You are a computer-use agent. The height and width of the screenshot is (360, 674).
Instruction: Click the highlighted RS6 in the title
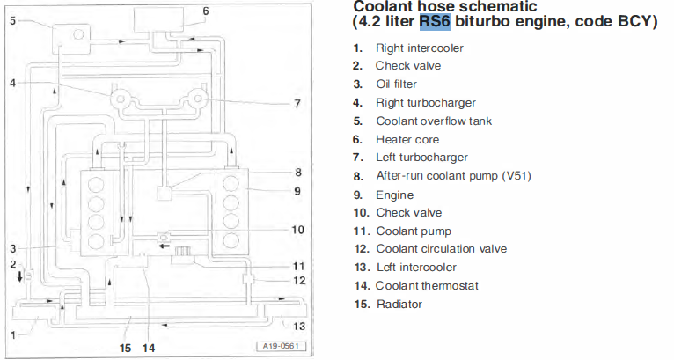click(435, 21)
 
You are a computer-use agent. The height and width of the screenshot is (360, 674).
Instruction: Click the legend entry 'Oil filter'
click(396, 84)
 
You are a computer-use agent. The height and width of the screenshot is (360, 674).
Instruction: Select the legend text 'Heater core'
click(407, 139)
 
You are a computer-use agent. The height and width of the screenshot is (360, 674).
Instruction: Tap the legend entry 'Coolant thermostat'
click(427, 285)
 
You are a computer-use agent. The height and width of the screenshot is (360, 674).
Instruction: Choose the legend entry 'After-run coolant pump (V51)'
click(453, 176)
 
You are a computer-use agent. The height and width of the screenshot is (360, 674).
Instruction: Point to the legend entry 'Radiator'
click(399, 304)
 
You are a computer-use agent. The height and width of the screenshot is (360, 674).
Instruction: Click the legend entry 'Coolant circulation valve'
click(442, 248)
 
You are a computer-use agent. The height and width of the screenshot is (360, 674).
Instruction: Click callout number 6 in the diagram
click(206, 11)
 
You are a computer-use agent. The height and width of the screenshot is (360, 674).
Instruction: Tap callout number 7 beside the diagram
click(297, 104)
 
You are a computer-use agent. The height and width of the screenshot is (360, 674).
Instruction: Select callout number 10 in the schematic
click(298, 230)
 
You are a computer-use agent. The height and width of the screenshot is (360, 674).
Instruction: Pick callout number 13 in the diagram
click(299, 326)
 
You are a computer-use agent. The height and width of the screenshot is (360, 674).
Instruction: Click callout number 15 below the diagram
click(125, 348)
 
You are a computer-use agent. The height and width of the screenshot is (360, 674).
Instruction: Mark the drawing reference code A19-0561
click(281, 346)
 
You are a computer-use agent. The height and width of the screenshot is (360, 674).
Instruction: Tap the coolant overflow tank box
click(71, 40)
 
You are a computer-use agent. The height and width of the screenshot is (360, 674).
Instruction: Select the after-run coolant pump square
click(165, 193)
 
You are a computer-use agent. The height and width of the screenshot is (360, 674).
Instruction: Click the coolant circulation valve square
click(248, 278)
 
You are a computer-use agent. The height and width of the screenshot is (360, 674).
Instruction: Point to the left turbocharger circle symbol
click(197, 99)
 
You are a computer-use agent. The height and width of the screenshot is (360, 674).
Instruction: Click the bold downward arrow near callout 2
click(19, 276)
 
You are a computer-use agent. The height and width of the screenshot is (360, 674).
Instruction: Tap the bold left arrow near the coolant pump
click(164, 246)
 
